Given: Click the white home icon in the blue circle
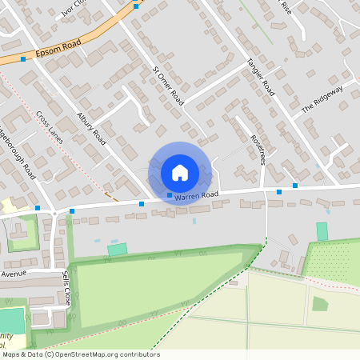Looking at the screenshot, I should tap(180, 171).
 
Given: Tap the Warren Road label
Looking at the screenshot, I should tap(196, 195).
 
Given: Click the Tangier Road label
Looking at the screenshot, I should tap(261, 77).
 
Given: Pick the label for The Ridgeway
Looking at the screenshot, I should tap(322, 98).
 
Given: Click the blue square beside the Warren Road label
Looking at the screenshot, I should tap(169, 195).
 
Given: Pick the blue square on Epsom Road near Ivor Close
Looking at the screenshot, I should tap(136, 6).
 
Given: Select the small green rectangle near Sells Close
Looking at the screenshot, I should tap(118, 250).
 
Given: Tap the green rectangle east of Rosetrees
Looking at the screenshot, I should tap(322, 231).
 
